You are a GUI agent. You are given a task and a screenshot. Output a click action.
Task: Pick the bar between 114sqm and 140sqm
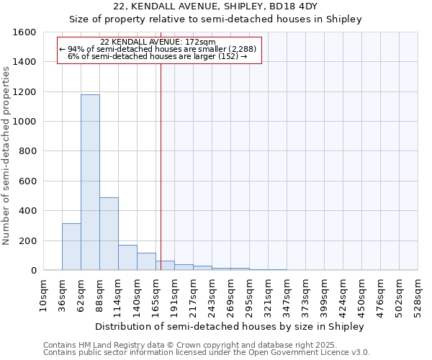[127, 257]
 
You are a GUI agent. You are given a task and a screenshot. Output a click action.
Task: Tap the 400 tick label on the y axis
[27, 211]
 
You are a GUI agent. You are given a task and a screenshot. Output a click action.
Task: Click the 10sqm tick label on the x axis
[44, 294]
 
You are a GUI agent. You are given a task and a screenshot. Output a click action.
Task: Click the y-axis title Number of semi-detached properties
[6, 152]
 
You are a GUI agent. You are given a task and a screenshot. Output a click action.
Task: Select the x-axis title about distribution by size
[230, 326]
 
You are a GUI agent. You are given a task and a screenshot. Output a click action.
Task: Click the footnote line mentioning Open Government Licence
[207, 352]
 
